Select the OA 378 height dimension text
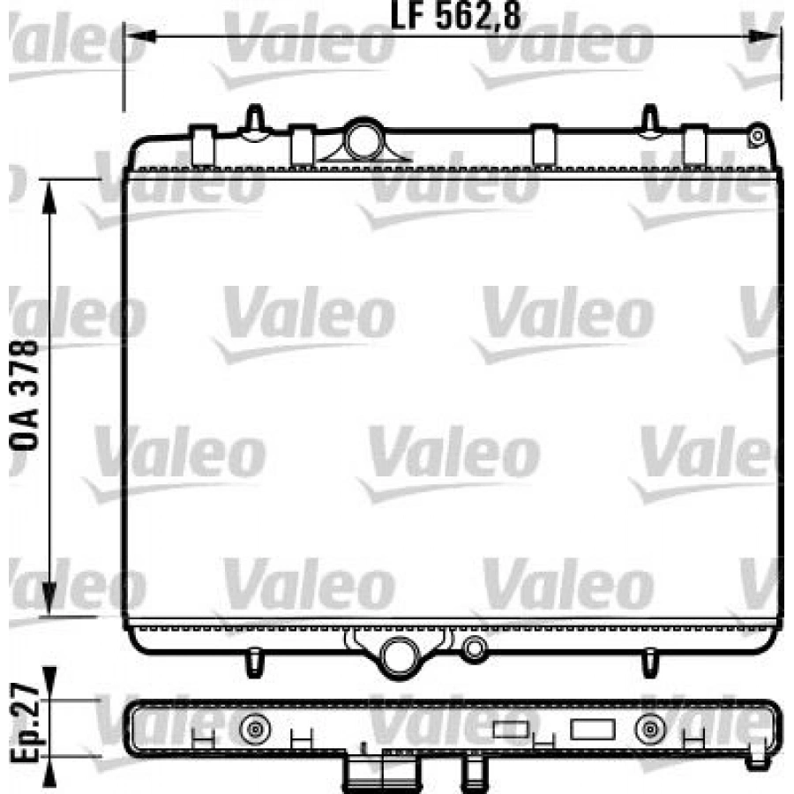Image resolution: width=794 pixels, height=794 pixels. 25,395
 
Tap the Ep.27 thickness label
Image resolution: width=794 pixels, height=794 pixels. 25,723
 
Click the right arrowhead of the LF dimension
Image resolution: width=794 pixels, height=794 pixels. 763,36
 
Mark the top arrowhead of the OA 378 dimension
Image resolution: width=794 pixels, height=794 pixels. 49,198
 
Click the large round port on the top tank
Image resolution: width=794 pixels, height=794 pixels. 364,139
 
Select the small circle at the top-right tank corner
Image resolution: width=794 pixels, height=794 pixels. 758,136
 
